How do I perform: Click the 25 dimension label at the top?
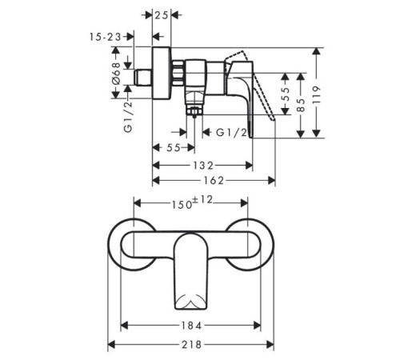[162, 15]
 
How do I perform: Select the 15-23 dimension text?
[105, 37]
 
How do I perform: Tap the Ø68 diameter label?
[117, 73]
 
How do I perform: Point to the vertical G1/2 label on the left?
[128, 117]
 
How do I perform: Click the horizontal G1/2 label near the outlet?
[231, 132]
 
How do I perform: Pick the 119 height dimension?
[316, 95]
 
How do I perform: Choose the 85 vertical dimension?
[301, 105]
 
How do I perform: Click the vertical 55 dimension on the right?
[286, 94]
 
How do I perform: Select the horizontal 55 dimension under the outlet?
[174, 147]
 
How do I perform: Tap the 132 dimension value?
[203, 166]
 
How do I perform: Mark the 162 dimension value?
[214, 181]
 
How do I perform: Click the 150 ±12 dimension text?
[191, 202]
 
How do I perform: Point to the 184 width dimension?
[191, 326]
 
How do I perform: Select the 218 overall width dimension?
[191, 345]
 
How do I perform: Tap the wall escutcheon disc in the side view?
[162, 74]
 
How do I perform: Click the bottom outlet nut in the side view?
[194, 110]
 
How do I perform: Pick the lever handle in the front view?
[190, 270]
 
